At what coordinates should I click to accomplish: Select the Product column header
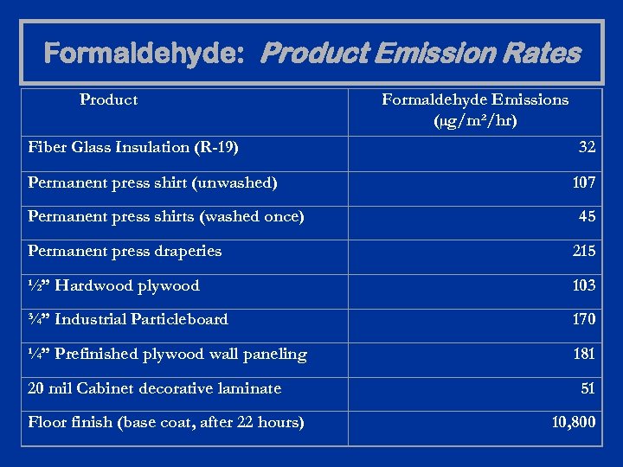pyautogui.click(x=108, y=99)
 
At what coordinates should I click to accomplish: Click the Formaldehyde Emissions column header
pyautogui.click(x=475, y=99)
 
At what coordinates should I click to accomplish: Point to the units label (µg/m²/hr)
pyautogui.click(x=475, y=120)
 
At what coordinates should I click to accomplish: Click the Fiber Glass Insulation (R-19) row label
pyautogui.click(x=133, y=147)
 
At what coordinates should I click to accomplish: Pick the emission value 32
pyautogui.click(x=587, y=147)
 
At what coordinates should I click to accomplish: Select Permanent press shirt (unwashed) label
pyautogui.click(x=152, y=182)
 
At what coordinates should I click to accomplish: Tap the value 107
pyautogui.click(x=583, y=182)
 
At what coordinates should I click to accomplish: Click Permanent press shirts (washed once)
pyautogui.click(x=165, y=216)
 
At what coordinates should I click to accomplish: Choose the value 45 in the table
pyautogui.click(x=587, y=216)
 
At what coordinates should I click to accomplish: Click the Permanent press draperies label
pyautogui.click(x=125, y=251)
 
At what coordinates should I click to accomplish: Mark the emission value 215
pyautogui.click(x=583, y=251)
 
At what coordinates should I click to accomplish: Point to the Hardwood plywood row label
pyautogui.click(x=113, y=285)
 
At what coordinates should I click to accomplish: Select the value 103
pyautogui.click(x=583, y=285)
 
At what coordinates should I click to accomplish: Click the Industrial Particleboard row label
pyautogui.click(x=128, y=319)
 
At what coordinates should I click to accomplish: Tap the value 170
pyautogui.click(x=583, y=319)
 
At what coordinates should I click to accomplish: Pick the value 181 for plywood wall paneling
pyautogui.click(x=583, y=354)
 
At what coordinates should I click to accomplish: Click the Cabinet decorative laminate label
pyautogui.click(x=154, y=388)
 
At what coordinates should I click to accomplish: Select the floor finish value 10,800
pyautogui.click(x=573, y=423)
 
